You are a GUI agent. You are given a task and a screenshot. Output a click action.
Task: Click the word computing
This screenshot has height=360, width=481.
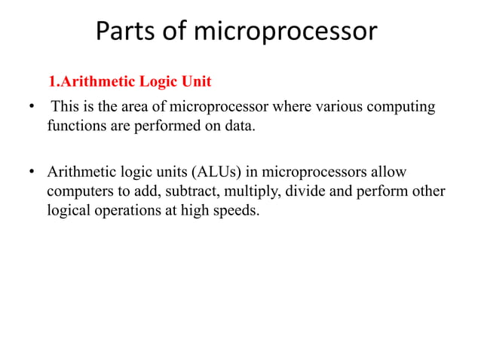(x=403, y=107)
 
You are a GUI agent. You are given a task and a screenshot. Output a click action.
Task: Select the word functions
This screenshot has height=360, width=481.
(x=75, y=126)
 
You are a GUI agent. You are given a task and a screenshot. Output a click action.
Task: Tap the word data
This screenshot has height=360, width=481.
(x=240, y=126)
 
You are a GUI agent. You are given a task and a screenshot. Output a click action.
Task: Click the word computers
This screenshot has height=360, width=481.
(x=78, y=191)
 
